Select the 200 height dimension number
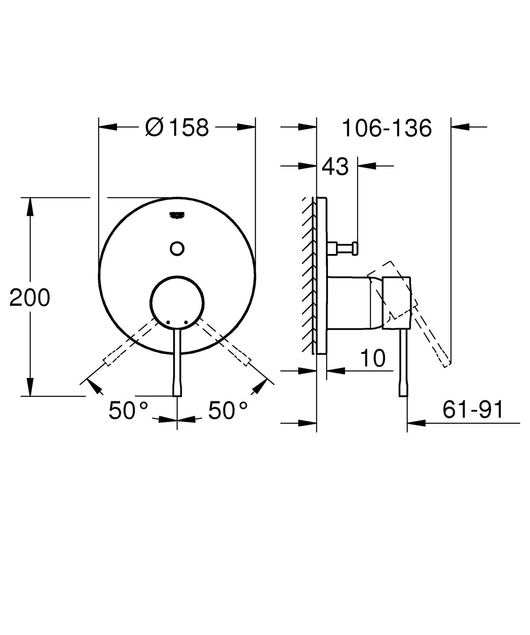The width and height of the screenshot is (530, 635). [30, 298]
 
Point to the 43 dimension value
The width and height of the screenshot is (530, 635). [335, 167]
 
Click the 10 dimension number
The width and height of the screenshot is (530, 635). [373, 358]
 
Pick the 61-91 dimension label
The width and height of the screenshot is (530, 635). [473, 410]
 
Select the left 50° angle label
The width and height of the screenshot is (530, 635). [128, 411]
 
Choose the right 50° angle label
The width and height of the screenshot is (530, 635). [228, 411]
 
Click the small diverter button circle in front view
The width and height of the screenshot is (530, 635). [177, 248]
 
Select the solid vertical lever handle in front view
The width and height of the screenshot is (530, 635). [177, 363]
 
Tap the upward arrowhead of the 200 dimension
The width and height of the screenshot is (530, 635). [30, 206]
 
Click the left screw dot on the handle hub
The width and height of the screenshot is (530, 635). [168, 322]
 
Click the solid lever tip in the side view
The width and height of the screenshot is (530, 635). [403, 391]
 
